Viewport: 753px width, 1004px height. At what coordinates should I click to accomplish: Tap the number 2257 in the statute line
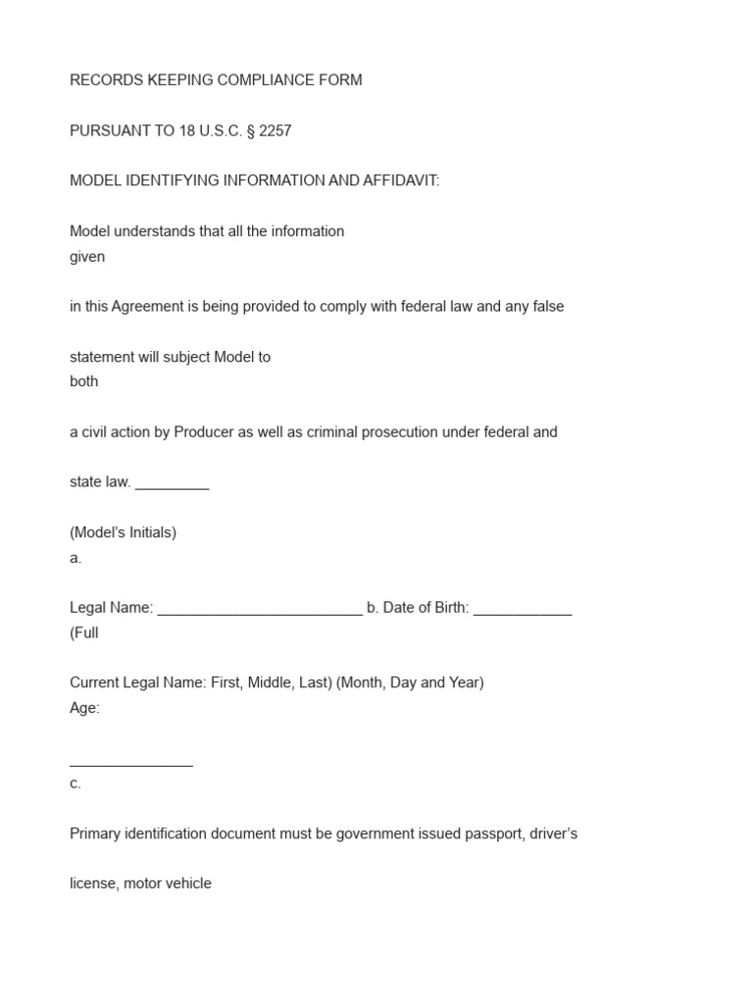point(276,130)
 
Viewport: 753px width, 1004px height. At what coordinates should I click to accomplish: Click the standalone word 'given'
point(87,257)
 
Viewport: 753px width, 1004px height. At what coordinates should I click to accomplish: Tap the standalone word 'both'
point(84,381)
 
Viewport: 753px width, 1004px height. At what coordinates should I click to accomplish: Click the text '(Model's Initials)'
point(124,533)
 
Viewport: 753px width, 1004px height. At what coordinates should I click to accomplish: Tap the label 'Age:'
point(85,708)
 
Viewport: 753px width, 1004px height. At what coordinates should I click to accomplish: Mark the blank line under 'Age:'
point(131,762)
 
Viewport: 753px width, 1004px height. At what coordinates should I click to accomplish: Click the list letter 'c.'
point(75,783)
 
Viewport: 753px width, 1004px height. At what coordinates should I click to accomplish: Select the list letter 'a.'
point(75,558)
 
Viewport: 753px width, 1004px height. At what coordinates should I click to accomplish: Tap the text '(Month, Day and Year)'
point(410,682)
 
